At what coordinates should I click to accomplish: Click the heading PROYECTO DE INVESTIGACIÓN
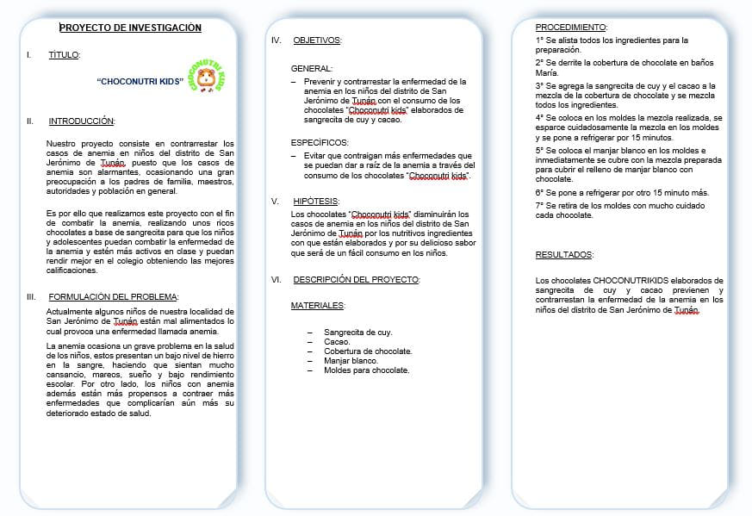130,28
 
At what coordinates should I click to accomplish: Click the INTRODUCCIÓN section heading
81,121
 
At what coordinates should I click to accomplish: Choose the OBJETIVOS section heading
316,40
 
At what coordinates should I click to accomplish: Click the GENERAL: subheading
311,68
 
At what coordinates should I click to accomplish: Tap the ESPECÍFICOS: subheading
320,142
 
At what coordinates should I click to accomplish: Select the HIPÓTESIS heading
316,200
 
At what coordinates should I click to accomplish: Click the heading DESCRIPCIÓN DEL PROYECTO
356,280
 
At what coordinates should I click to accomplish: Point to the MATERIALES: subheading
318,306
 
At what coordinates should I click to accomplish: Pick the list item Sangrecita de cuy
357,332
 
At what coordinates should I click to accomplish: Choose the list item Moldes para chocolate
366,370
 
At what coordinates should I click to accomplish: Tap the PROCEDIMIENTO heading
571,28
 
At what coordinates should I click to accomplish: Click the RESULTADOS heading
563,255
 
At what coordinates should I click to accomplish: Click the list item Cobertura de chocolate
368,351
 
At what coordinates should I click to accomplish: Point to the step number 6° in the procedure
539,193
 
